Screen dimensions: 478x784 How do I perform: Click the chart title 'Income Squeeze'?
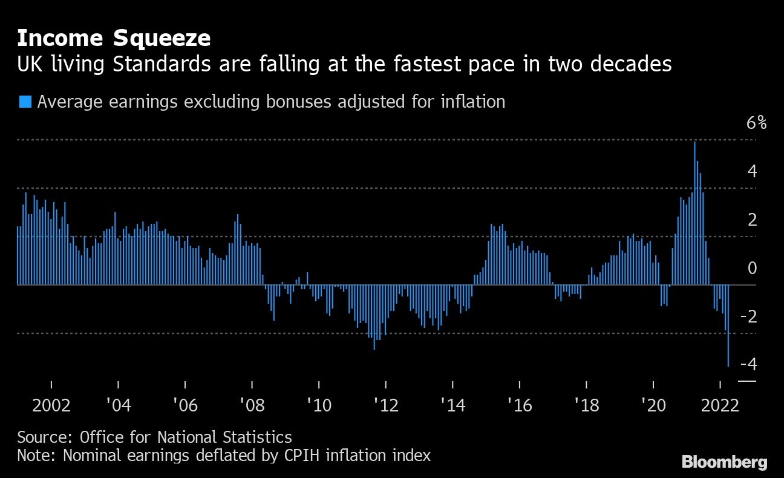[114, 39]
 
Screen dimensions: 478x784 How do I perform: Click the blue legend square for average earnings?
[25, 102]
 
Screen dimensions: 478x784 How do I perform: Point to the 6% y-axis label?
[756, 123]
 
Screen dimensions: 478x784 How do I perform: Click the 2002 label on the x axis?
[51, 405]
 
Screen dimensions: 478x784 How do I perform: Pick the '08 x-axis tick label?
[252, 405]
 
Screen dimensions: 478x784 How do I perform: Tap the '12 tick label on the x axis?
[385, 405]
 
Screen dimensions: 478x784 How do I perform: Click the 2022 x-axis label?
[720, 405]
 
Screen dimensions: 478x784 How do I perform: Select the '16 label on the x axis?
[519, 405]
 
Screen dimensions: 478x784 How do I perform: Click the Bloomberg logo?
[724, 462]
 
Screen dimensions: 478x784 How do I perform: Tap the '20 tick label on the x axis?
[653, 405]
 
